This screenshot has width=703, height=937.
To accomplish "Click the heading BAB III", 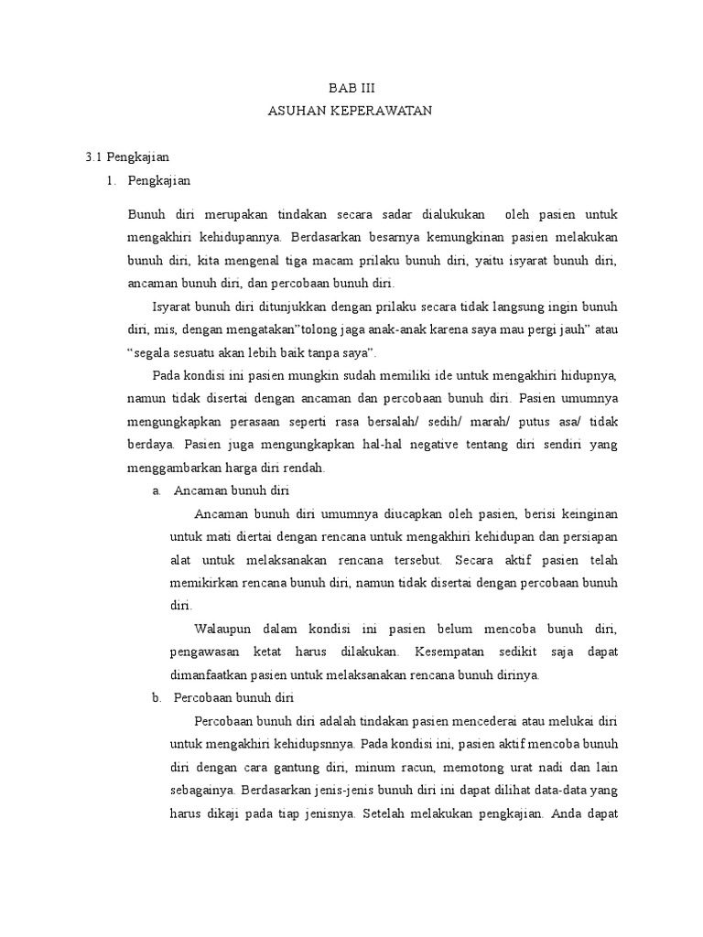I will click(352, 88).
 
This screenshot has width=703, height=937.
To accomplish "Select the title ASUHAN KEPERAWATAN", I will click(351, 111).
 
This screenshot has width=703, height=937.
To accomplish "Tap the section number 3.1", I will click(96, 157).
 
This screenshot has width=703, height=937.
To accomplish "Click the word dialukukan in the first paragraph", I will click(454, 215).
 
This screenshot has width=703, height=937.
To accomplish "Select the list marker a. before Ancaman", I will click(157, 491).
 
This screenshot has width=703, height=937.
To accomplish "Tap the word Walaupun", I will click(226, 630).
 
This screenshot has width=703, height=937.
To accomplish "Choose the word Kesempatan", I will click(451, 652).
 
